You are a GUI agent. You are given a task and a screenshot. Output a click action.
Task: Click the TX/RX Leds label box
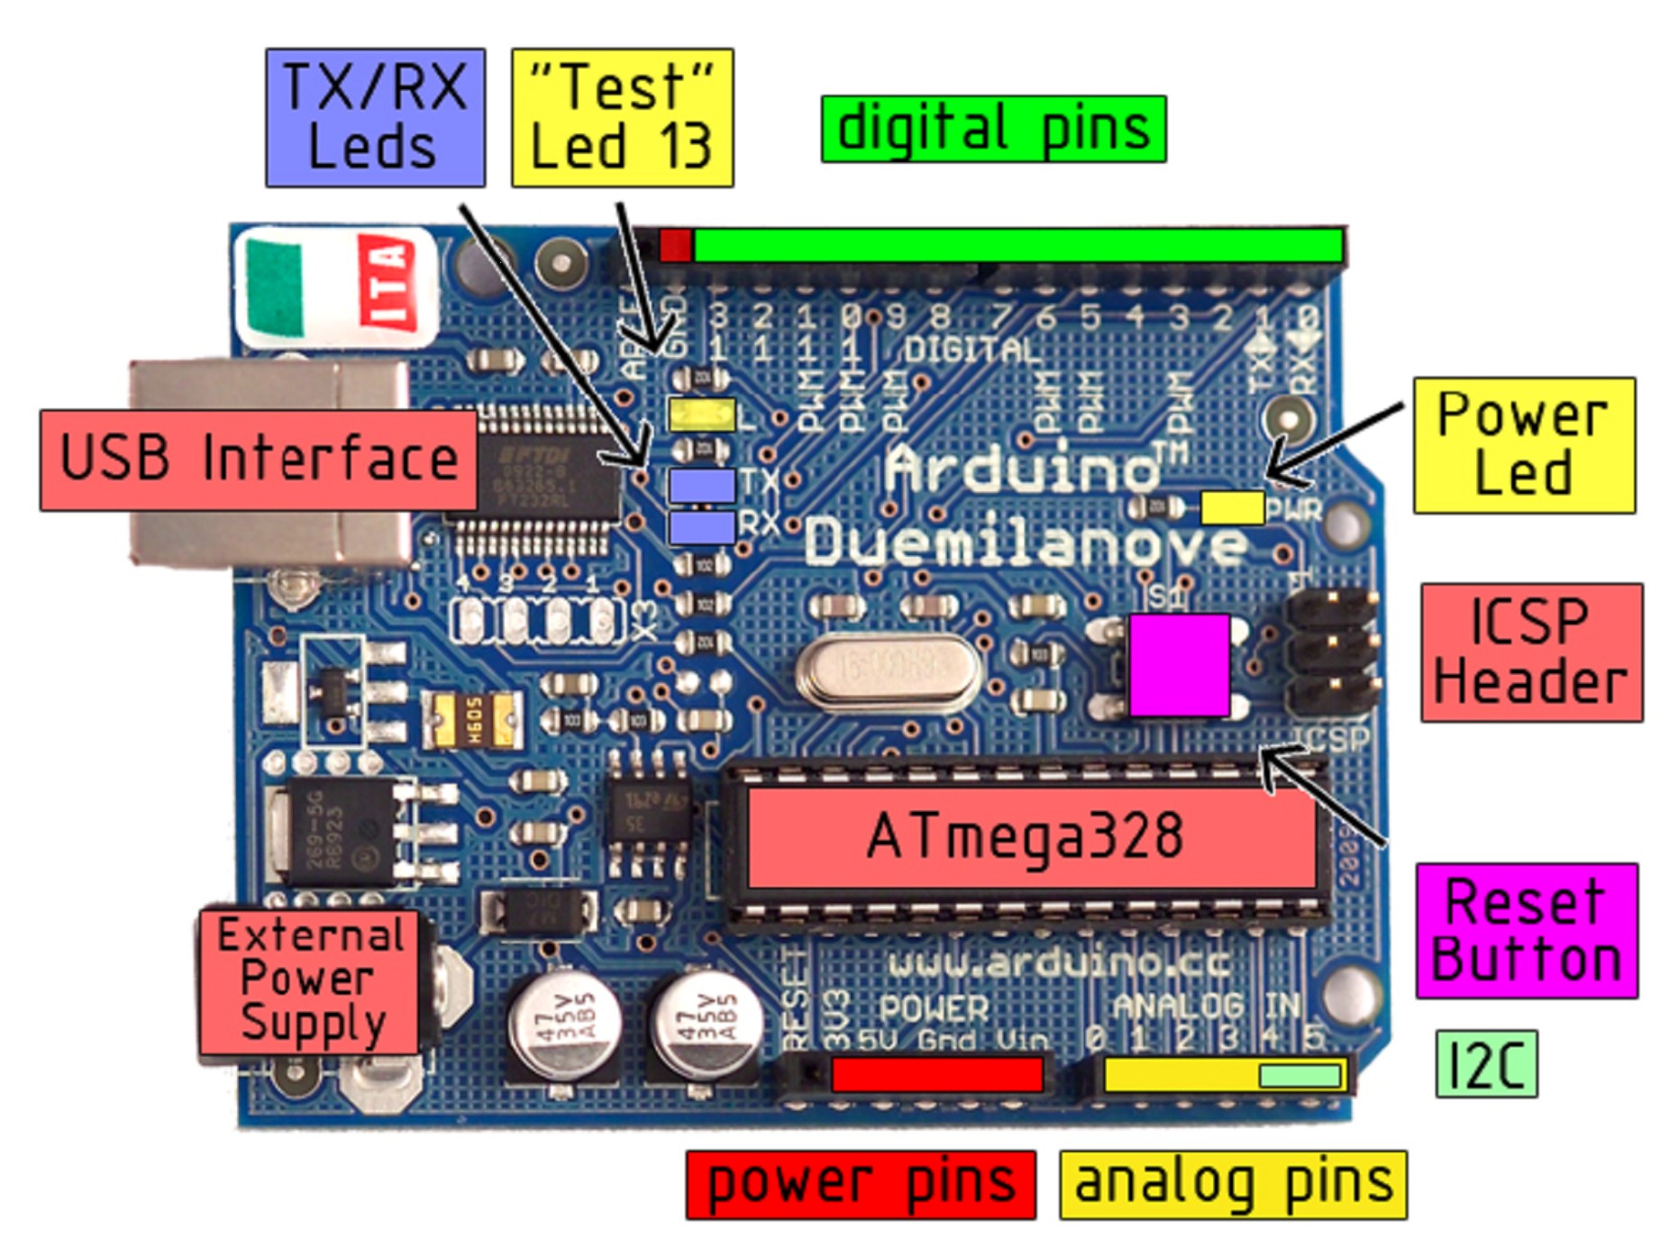click(x=375, y=118)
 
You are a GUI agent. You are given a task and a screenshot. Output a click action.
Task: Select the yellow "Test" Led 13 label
click(x=622, y=118)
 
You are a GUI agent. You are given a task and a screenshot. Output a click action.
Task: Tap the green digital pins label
click(x=993, y=129)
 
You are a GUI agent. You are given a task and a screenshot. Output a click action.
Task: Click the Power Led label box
click(x=1523, y=445)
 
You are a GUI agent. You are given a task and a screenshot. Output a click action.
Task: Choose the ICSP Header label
click(x=1531, y=652)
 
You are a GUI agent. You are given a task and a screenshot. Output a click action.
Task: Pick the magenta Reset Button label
click(x=1526, y=931)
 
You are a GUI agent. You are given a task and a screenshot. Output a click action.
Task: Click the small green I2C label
click(x=1485, y=1064)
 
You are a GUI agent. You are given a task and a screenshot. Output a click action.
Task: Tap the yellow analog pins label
click(x=1232, y=1184)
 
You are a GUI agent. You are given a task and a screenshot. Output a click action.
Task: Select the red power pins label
click(x=860, y=1184)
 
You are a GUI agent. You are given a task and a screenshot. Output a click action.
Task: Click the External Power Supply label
click(x=308, y=981)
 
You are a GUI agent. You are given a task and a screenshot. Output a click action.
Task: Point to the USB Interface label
click(x=259, y=460)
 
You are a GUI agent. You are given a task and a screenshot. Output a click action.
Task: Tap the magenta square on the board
click(x=1179, y=665)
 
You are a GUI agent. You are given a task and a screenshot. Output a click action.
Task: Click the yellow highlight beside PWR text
click(x=1232, y=506)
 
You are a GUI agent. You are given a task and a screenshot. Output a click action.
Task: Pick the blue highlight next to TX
click(x=701, y=485)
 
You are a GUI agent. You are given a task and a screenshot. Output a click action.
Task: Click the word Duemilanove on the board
click(x=1026, y=543)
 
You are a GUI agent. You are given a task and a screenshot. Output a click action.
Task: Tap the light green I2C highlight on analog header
click(x=1299, y=1075)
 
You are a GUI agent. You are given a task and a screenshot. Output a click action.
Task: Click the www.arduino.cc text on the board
click(x=1058, y=963)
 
